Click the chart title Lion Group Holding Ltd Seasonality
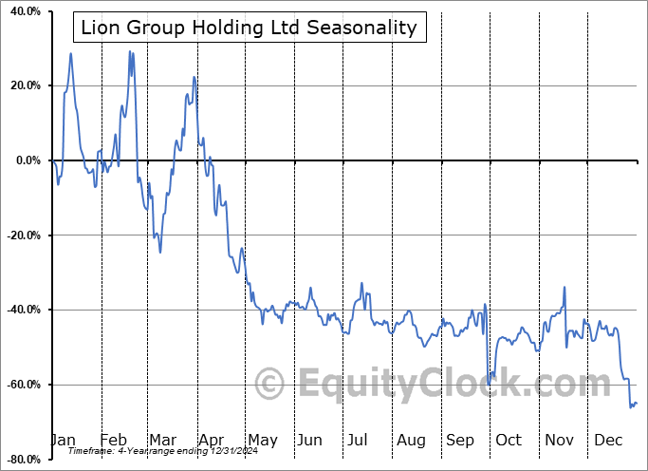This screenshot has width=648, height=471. (249, 27)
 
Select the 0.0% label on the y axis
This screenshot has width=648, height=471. (26, 160)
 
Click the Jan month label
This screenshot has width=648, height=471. (63, 440)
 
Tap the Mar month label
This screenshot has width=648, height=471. (161, 440)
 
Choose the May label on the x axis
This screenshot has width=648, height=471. (262, 440)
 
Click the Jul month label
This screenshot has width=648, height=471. (358, 440)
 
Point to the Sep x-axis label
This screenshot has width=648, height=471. (459, 440)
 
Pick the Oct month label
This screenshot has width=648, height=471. (509, 440)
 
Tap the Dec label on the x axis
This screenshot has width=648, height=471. (607, 440)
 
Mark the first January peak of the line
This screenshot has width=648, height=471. (70, 53)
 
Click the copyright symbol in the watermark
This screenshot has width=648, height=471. (270, 385)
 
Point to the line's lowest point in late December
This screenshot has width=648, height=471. (630, 407)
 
